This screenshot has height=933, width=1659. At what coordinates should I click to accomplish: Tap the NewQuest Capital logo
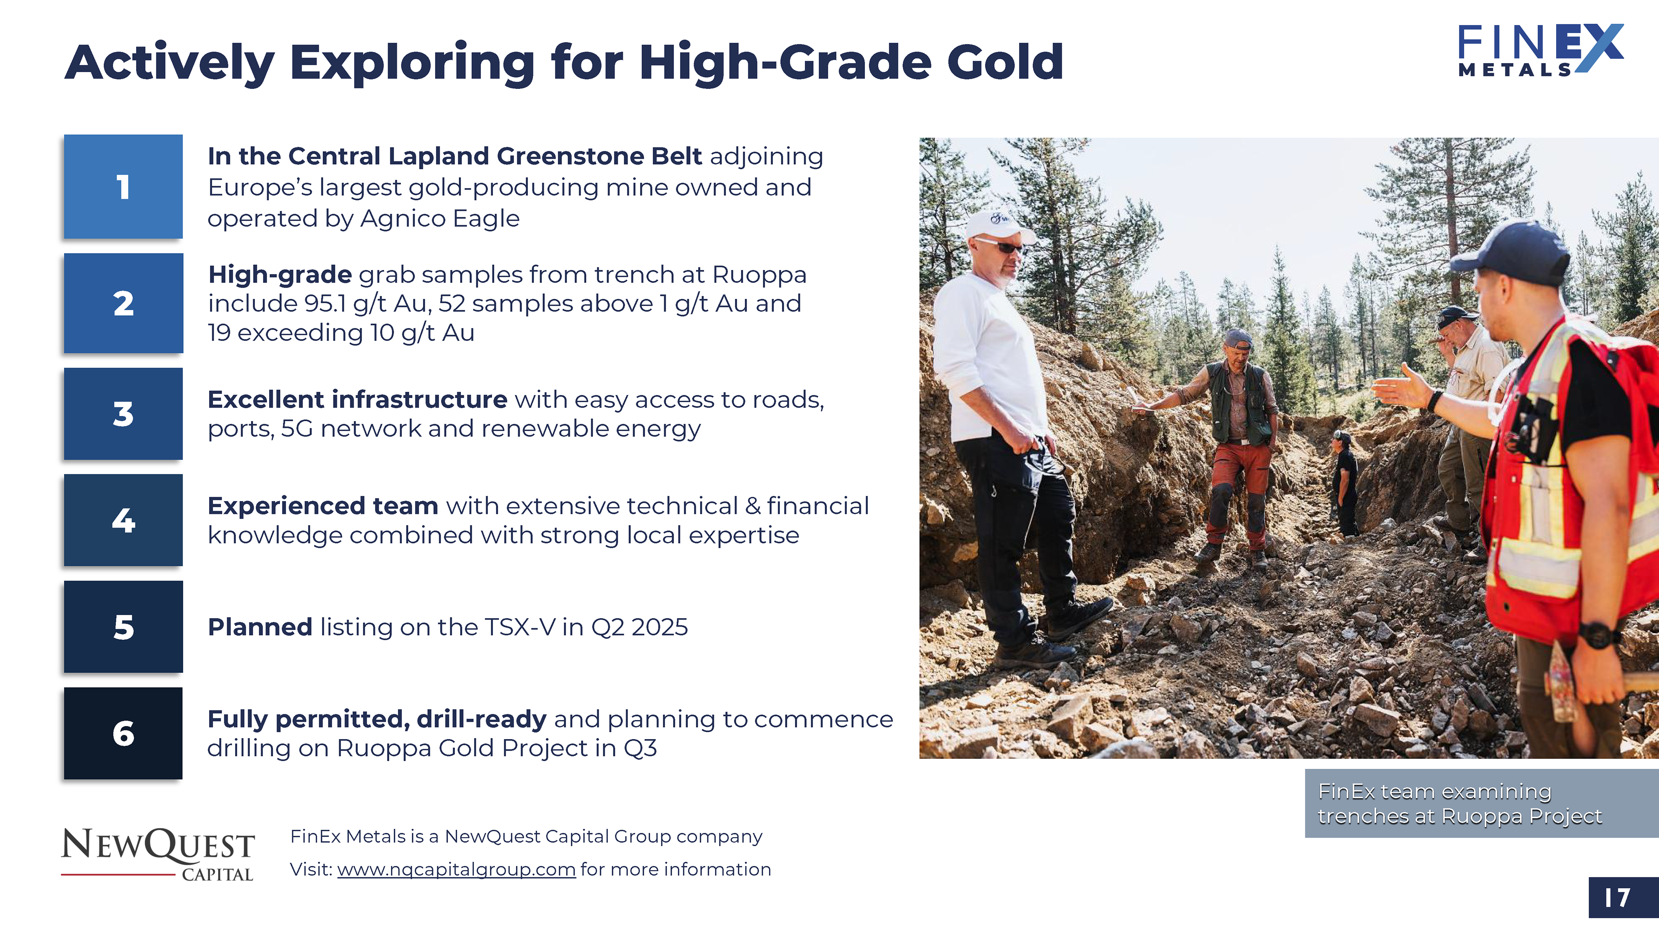coord(158,854)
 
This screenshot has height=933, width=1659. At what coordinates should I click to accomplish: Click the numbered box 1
coord(123,187)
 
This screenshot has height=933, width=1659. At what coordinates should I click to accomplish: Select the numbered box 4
coord(123,520)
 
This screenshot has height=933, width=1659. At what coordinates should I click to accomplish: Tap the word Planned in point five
coord(260,627)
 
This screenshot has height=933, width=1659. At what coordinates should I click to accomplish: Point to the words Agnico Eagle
coord(440,219)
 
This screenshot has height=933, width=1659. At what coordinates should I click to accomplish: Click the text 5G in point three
coord(297,429)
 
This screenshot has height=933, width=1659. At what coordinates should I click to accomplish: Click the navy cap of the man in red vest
coord(1513,252)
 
